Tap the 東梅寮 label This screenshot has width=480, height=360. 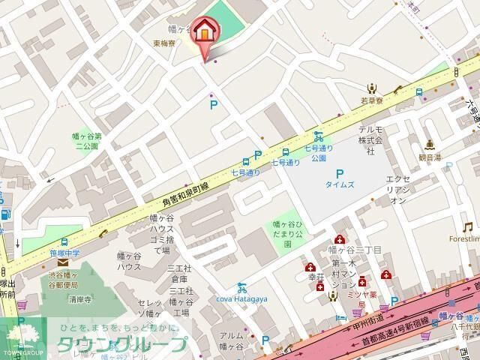(165, 43)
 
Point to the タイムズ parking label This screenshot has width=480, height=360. (339, 184)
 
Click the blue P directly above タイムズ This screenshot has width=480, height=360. (339, 173)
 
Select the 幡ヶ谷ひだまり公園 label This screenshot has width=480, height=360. (287, 229)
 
